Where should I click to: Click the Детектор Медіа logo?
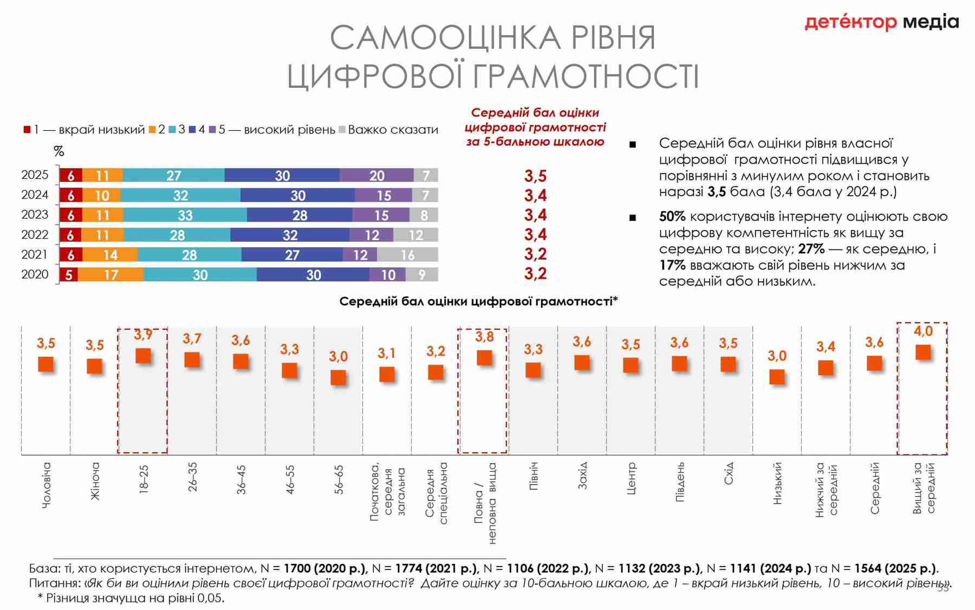[x=881, y=22]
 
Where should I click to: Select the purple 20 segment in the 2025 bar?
[x=376, y=176]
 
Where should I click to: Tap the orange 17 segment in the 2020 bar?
[x=110, y=275]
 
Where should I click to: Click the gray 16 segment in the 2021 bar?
[x=407, y=255]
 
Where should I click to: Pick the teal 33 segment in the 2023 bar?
[x=185, y=215]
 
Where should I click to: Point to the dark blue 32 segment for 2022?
[x=290, y=235]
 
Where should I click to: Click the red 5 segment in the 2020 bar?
[x=69, y=275]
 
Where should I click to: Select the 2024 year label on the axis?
[x=35, y=195]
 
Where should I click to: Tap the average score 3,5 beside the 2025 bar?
[x=535, y=176]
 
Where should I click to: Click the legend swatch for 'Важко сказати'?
[x=342, y=130]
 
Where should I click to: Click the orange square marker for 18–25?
[x=143, y=356]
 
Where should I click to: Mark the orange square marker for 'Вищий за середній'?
[x=923, y=352]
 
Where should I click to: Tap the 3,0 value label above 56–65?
[x=338, y=357]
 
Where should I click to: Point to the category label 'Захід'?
[x=582, y=476]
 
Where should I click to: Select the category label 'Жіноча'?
[x=95, y=481]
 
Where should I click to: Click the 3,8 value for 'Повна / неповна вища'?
[x=484, y=337]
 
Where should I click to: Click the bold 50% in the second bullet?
[x=672, y=217]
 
